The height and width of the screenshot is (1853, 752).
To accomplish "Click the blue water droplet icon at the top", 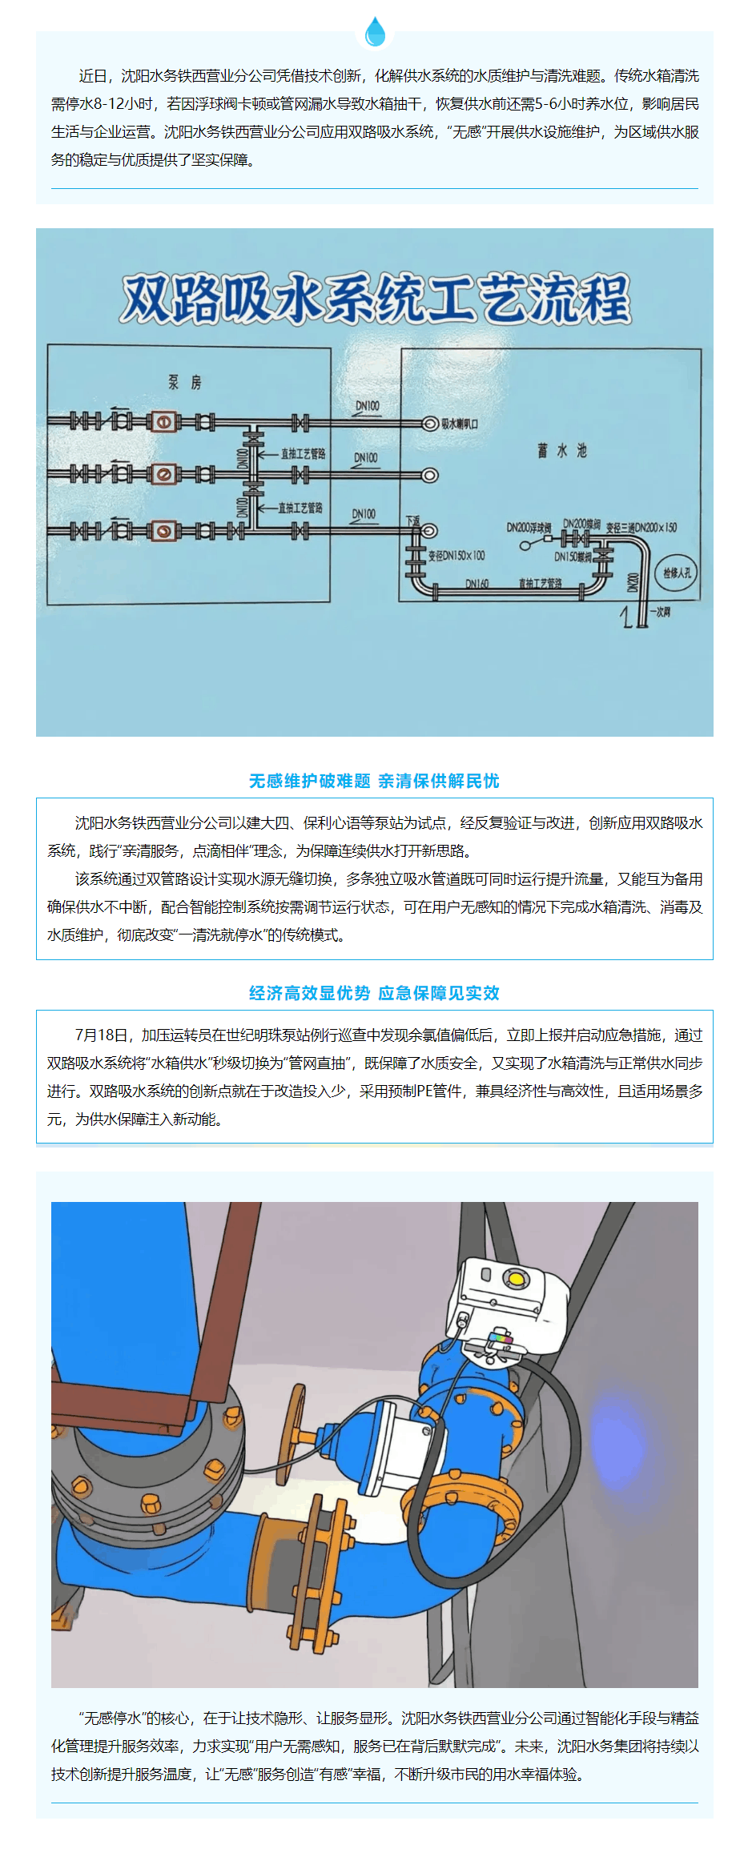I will [375, 32].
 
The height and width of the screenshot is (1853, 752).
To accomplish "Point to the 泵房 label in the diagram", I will [184, 383].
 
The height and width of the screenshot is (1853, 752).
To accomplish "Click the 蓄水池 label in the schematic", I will [562, 452].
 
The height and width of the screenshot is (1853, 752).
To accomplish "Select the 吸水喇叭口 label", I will [460, 424].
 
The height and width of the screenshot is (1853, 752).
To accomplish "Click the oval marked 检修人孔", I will [676, 573].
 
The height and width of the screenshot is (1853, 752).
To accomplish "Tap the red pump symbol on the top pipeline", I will [163, 422].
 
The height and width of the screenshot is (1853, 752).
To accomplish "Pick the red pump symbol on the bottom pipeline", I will [163, 530].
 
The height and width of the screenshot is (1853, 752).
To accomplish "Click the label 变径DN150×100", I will [456, 555].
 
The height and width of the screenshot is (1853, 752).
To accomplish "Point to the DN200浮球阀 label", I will [529, 528].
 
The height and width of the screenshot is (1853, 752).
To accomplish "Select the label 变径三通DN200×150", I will [641, 528].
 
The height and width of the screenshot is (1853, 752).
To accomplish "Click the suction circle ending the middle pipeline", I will [430, 476].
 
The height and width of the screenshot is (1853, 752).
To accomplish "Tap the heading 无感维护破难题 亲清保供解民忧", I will [374, 781].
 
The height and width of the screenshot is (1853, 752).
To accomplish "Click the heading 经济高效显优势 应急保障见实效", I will [374, 993].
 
